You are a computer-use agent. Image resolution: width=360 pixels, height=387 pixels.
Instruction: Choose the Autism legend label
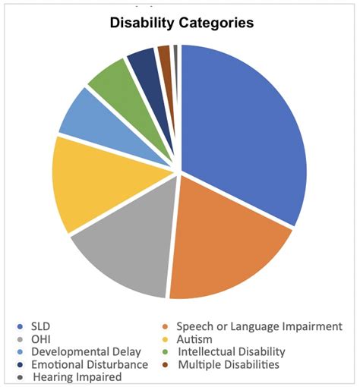195,339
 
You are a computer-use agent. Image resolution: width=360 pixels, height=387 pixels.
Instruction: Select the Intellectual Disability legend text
231,352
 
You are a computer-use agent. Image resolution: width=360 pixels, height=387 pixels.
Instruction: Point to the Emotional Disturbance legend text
83,364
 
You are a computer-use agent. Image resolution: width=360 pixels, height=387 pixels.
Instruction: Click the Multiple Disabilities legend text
228,364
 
